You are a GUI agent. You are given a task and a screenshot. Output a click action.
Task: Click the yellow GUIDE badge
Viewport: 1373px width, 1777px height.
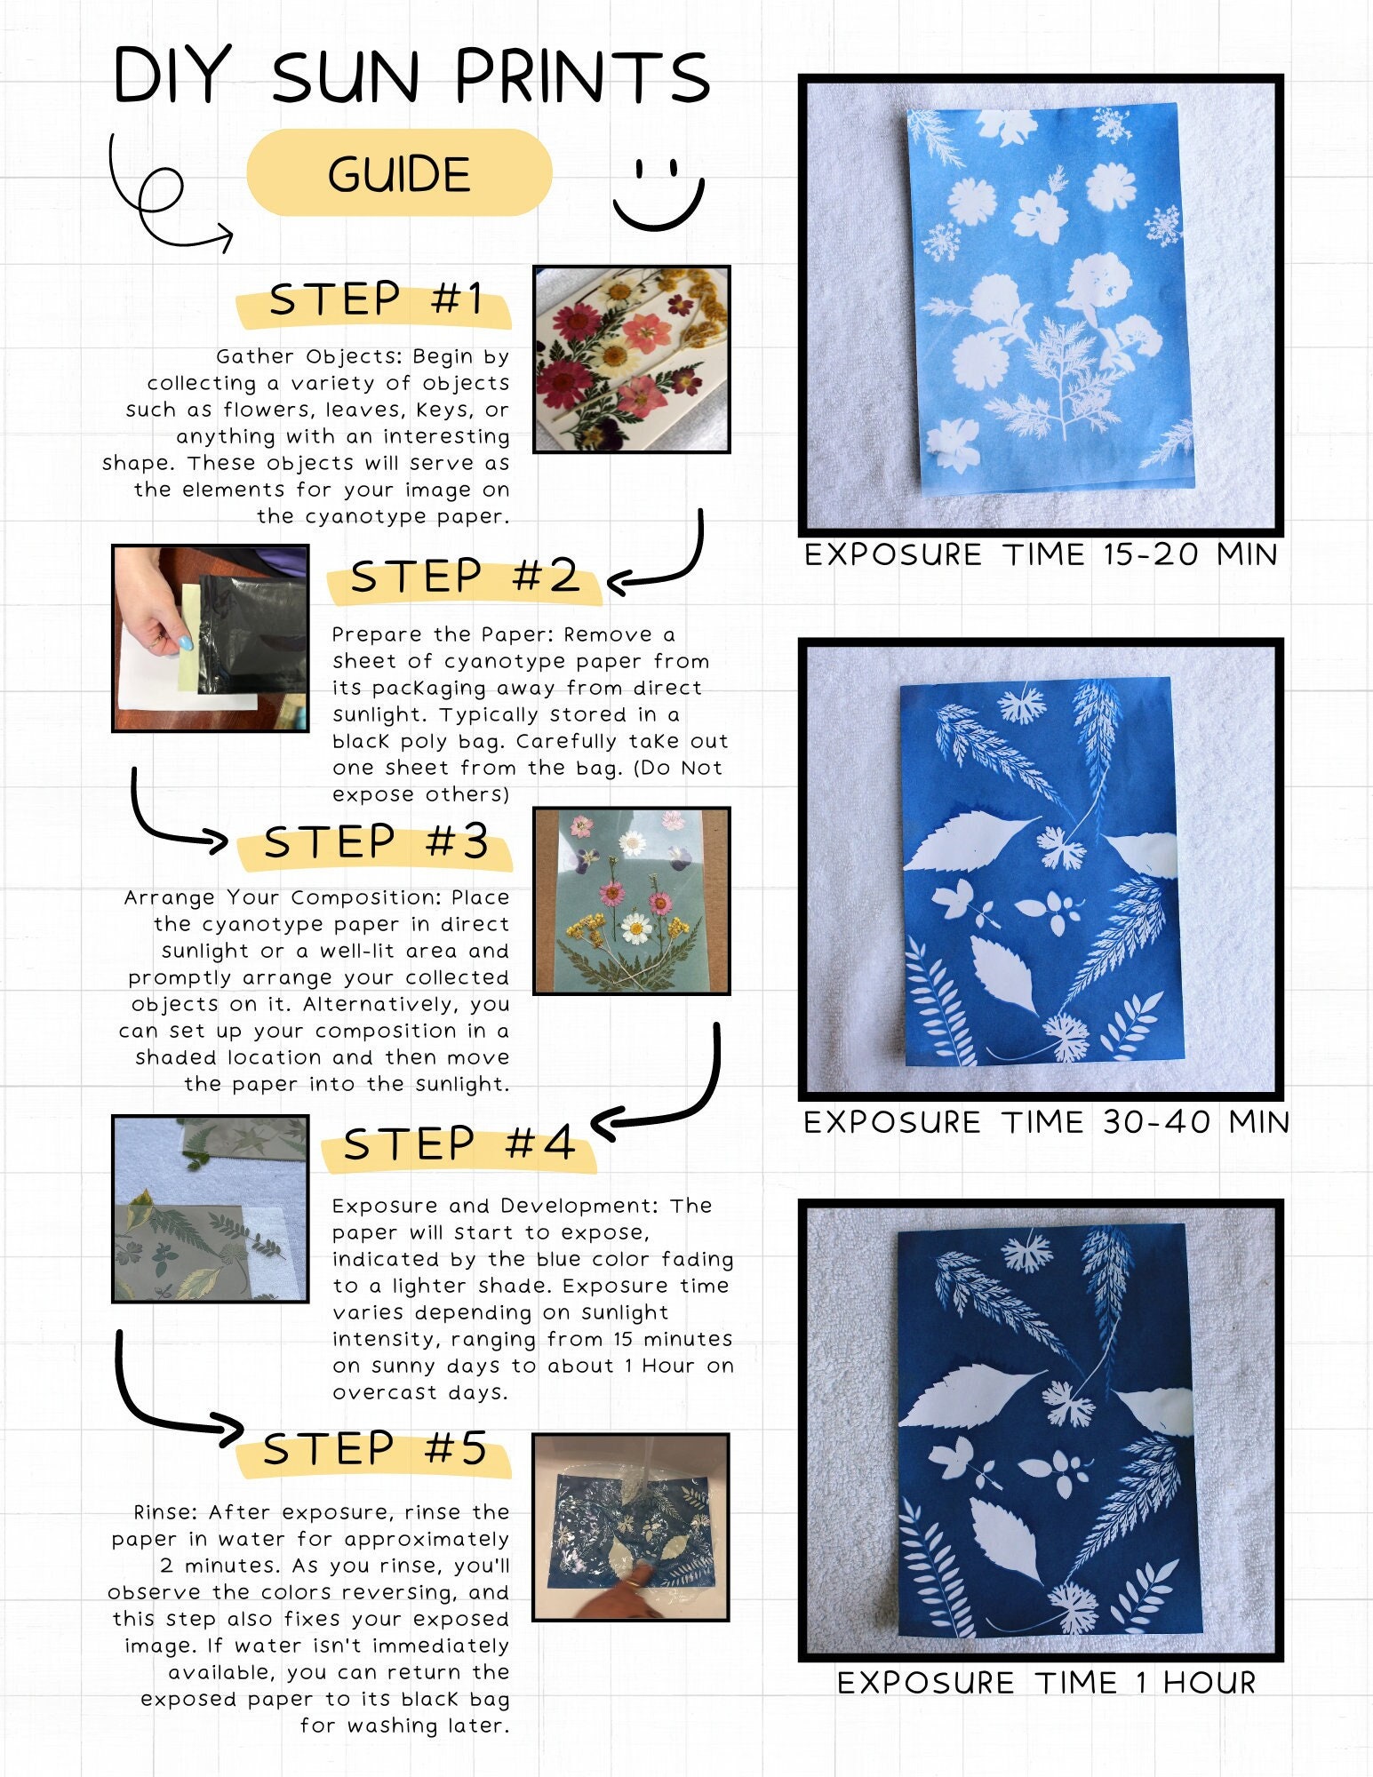(x=399, y=172)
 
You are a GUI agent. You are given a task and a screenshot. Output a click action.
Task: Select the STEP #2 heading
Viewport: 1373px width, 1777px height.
(x=465, y=577)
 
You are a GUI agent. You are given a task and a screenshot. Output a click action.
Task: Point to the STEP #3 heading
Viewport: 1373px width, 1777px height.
(x=376, y=841)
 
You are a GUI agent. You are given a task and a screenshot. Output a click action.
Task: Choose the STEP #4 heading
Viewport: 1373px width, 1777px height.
(x=459, y=1143)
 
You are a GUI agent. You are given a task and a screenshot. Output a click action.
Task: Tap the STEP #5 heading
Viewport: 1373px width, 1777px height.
(x=375, y=1449)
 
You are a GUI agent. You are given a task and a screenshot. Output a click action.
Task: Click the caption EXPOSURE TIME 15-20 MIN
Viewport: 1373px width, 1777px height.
(x=1041, y=554)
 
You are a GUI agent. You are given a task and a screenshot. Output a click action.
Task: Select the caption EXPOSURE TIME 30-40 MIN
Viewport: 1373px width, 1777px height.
(x=1046, y=1122)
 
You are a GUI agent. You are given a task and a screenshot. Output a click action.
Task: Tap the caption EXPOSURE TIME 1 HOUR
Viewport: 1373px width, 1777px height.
(x=1046, y=1682)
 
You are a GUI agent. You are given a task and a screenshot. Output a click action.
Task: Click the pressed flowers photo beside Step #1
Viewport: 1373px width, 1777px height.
(x=632, y=359)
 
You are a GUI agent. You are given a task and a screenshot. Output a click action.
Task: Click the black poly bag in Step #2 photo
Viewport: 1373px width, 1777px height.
(x=250, y=631)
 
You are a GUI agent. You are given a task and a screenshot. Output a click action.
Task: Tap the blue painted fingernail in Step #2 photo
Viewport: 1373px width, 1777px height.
(x=185, y=641)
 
